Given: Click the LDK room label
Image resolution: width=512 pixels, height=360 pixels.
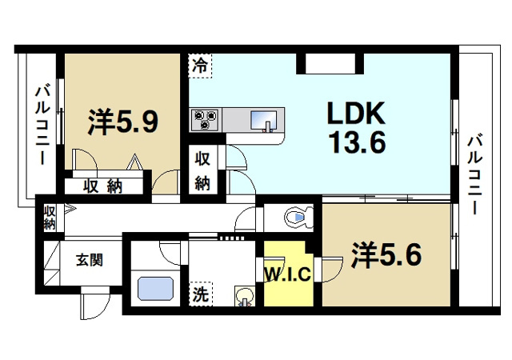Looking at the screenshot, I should [354, 114].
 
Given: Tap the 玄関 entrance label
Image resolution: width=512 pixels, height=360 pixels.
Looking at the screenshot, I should [89, 259].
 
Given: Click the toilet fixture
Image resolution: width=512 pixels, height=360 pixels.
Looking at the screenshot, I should [298, 216].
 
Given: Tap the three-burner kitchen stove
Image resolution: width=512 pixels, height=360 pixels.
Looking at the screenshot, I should [205, 120].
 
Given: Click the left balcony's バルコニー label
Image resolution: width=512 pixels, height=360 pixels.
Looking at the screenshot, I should [39, 126].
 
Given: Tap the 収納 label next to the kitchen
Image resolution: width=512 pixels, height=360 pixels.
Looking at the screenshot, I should [202, 170].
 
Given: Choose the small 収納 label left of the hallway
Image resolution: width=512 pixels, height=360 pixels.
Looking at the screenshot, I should [50, 218].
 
